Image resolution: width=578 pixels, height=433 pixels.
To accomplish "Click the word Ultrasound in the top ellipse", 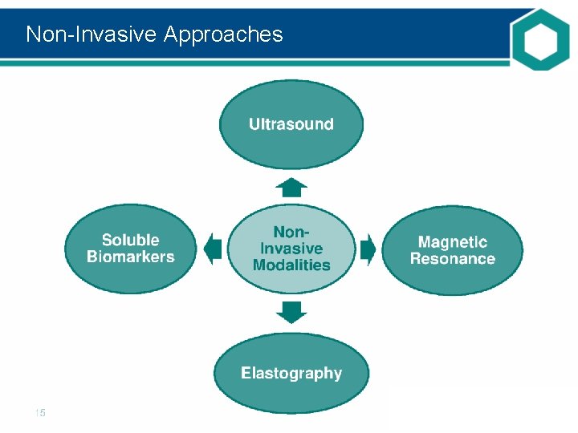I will click(x=291, y=124).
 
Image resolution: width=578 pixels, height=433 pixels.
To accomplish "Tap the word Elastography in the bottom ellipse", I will click(x=291, y=374).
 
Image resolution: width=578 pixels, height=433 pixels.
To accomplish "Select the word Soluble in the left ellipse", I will click(x=130, y=240).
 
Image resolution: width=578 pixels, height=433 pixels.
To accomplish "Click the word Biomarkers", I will click(x=130, y=257).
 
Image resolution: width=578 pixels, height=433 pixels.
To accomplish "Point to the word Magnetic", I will click(x=452, y=241).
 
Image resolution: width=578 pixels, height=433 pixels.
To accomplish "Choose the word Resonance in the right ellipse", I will click(x=452, y=259).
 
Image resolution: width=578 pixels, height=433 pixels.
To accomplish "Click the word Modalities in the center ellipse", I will click(x=291, y=265).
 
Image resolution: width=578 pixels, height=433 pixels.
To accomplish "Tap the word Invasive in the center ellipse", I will click(x=291, y=249).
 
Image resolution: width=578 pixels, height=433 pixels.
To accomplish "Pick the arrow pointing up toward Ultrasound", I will click(x=291, y=188).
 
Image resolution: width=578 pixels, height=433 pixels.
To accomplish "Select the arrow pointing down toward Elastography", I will click(x=291, y=311).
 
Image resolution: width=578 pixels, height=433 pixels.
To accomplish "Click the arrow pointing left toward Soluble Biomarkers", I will click(x=213, y=249).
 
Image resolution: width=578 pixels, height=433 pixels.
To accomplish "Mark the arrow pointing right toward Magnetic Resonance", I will click(x=368, y=249).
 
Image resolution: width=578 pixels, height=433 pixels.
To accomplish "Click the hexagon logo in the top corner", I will click(x=539, y=38).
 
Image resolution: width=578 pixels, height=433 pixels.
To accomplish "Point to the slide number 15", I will click(x=40, y=413).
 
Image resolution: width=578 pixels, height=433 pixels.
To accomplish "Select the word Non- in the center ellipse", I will click(x=291, y=232).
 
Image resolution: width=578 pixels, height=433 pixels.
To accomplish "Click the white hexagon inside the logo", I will click(x=539, y=38).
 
